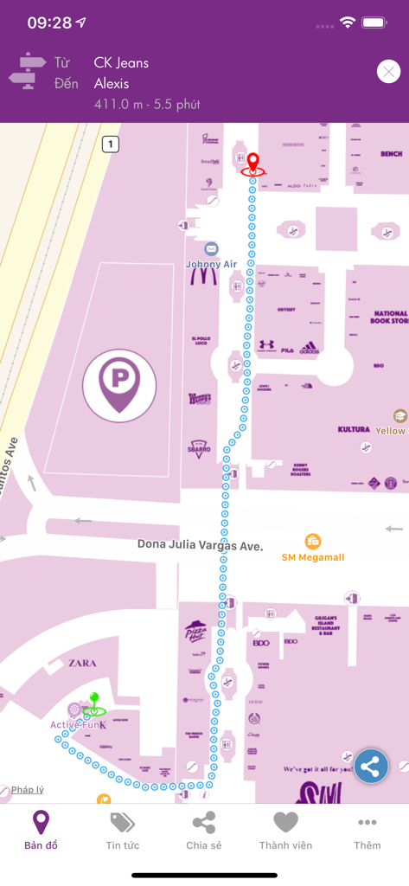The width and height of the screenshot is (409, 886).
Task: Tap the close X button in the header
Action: pyautogui.click(x=388, y=72)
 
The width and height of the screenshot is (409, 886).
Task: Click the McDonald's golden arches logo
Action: pyautogui.click(x=204, y=277)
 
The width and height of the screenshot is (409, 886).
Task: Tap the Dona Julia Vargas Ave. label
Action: pyautogui.click(x=200, y=545)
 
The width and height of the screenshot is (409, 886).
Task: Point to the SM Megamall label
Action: pyautogui.click(x=313, y=557)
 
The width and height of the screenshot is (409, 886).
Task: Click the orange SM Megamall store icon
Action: pyautogui.click(x=313, y=542)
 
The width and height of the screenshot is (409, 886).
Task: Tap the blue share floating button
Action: pyautogui.click(x=371, y=766)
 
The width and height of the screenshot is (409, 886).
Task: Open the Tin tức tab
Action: pyautogui.click(x=122, y=831)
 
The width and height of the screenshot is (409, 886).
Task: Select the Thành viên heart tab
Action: pyautogui.click(x=285, y=831)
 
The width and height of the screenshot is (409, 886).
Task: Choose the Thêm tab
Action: pyautogui.click(x=367, y=831)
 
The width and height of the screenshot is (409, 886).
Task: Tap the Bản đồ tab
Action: pyautogui.click(x=41, y=831)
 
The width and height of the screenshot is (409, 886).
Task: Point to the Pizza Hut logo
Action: pyautogui.click(x=194, y=632)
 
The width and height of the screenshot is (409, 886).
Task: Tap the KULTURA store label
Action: pyautogui.click(x=354, y=429)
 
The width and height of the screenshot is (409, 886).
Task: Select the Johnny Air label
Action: pyautogui.click(x=211, y=264)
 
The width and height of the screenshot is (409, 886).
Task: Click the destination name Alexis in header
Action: pyautogui.click(x=112, y=83)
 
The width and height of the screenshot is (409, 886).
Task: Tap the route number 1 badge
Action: pyautogui.click(x=110, y=144)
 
